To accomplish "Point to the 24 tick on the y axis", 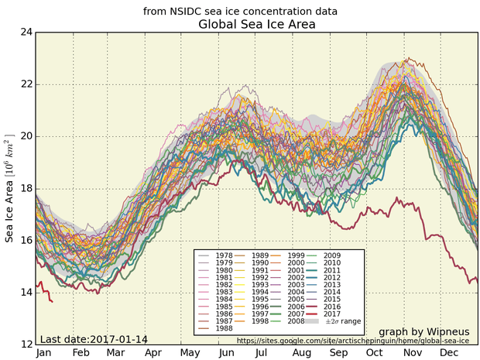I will (26, 33).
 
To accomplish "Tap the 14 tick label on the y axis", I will (26, 292).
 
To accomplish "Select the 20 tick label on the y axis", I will (26, 136).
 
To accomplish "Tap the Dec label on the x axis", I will (447, 351).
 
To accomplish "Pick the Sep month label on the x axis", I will (338, 351).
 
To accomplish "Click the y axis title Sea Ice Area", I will (10, 188).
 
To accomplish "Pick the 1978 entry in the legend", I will (225, 255).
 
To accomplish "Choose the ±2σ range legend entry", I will (345, 320).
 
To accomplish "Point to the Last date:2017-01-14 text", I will (93, 339).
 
